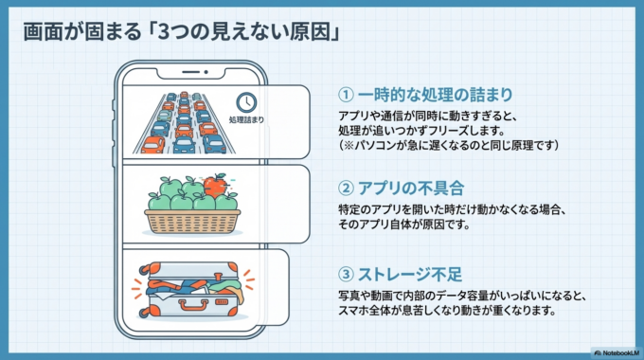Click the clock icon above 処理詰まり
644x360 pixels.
pos(246,101)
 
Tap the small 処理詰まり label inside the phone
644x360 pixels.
pos(246,120)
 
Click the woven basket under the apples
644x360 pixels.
pos(191,221)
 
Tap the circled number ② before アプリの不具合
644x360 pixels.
pos(347,186)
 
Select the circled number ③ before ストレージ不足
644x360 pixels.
pos(347,275)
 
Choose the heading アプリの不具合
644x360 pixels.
pos(410,186)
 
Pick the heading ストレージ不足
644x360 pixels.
pos(410,275)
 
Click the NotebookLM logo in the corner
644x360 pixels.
pos(617,351)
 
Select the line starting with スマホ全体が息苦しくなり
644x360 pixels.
pos(445,311)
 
